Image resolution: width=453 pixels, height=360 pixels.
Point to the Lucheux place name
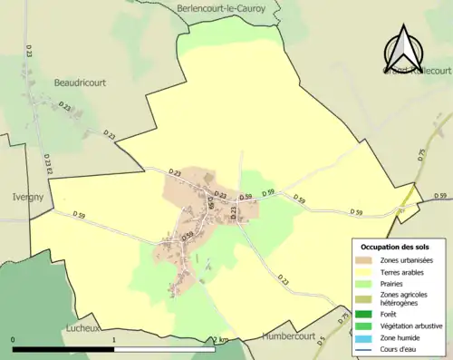[82, 328]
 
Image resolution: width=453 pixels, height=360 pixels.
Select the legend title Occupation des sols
[395, 247]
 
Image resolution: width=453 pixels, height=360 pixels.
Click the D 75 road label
[421, 155]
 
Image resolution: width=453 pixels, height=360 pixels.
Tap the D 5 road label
[323, 342]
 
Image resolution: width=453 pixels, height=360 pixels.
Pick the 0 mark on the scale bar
[13, 339]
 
